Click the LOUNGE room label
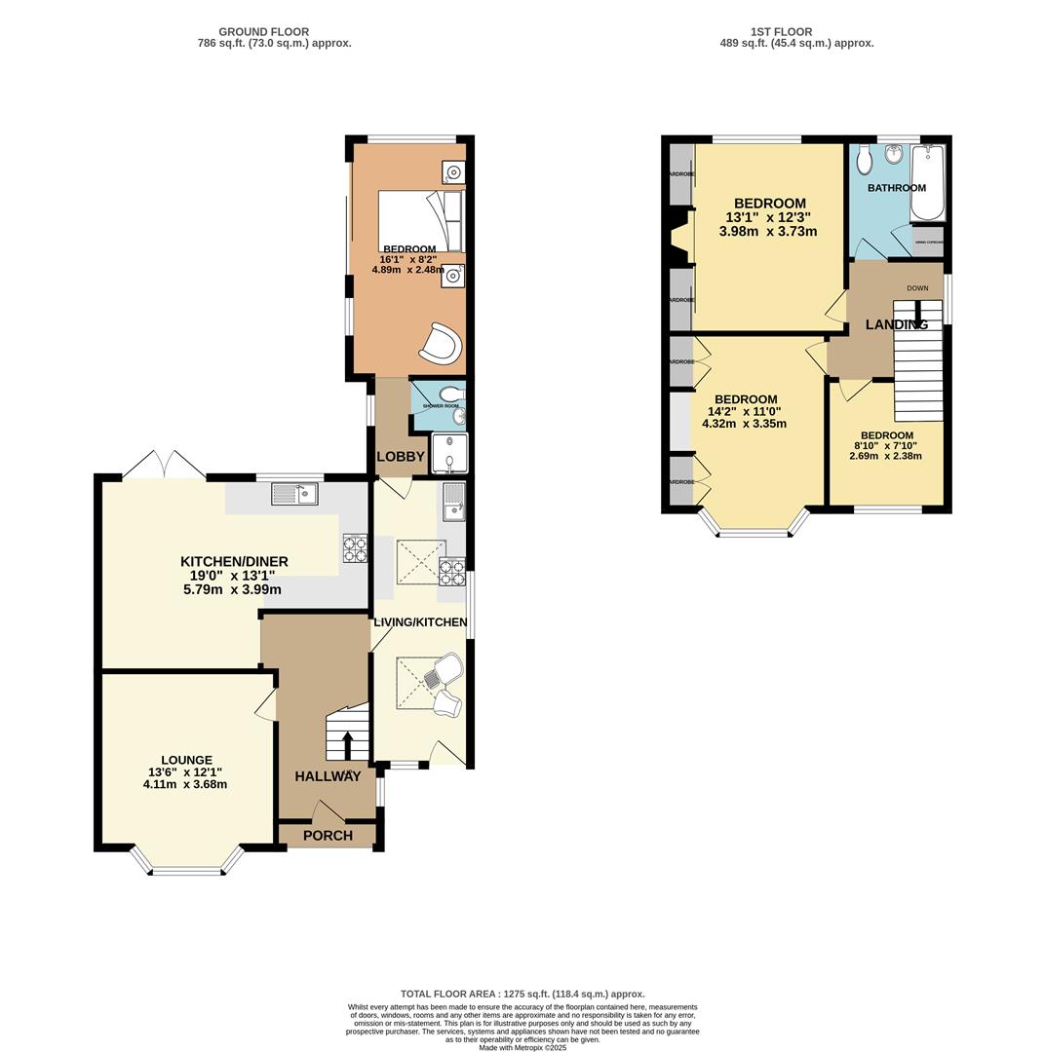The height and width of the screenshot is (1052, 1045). point(186,760)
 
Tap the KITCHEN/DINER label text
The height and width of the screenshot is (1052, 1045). point(234,561)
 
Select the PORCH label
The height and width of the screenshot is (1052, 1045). point(328,835)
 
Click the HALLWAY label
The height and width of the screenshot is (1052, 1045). point(328,776)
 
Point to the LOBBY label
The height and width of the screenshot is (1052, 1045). point(401,456)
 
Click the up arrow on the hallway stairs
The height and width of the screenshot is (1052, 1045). point(348,743)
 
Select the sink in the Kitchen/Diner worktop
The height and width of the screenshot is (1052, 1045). point(295,495)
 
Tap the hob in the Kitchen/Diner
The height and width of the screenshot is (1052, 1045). point(355,548)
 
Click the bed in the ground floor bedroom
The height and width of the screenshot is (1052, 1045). point(420,220)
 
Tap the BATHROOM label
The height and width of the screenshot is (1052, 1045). point(896,188)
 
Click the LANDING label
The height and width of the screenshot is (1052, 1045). point(896,324)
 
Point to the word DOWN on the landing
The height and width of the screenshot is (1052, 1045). point(916,288)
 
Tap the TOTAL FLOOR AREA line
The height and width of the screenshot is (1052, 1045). point(522,995)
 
